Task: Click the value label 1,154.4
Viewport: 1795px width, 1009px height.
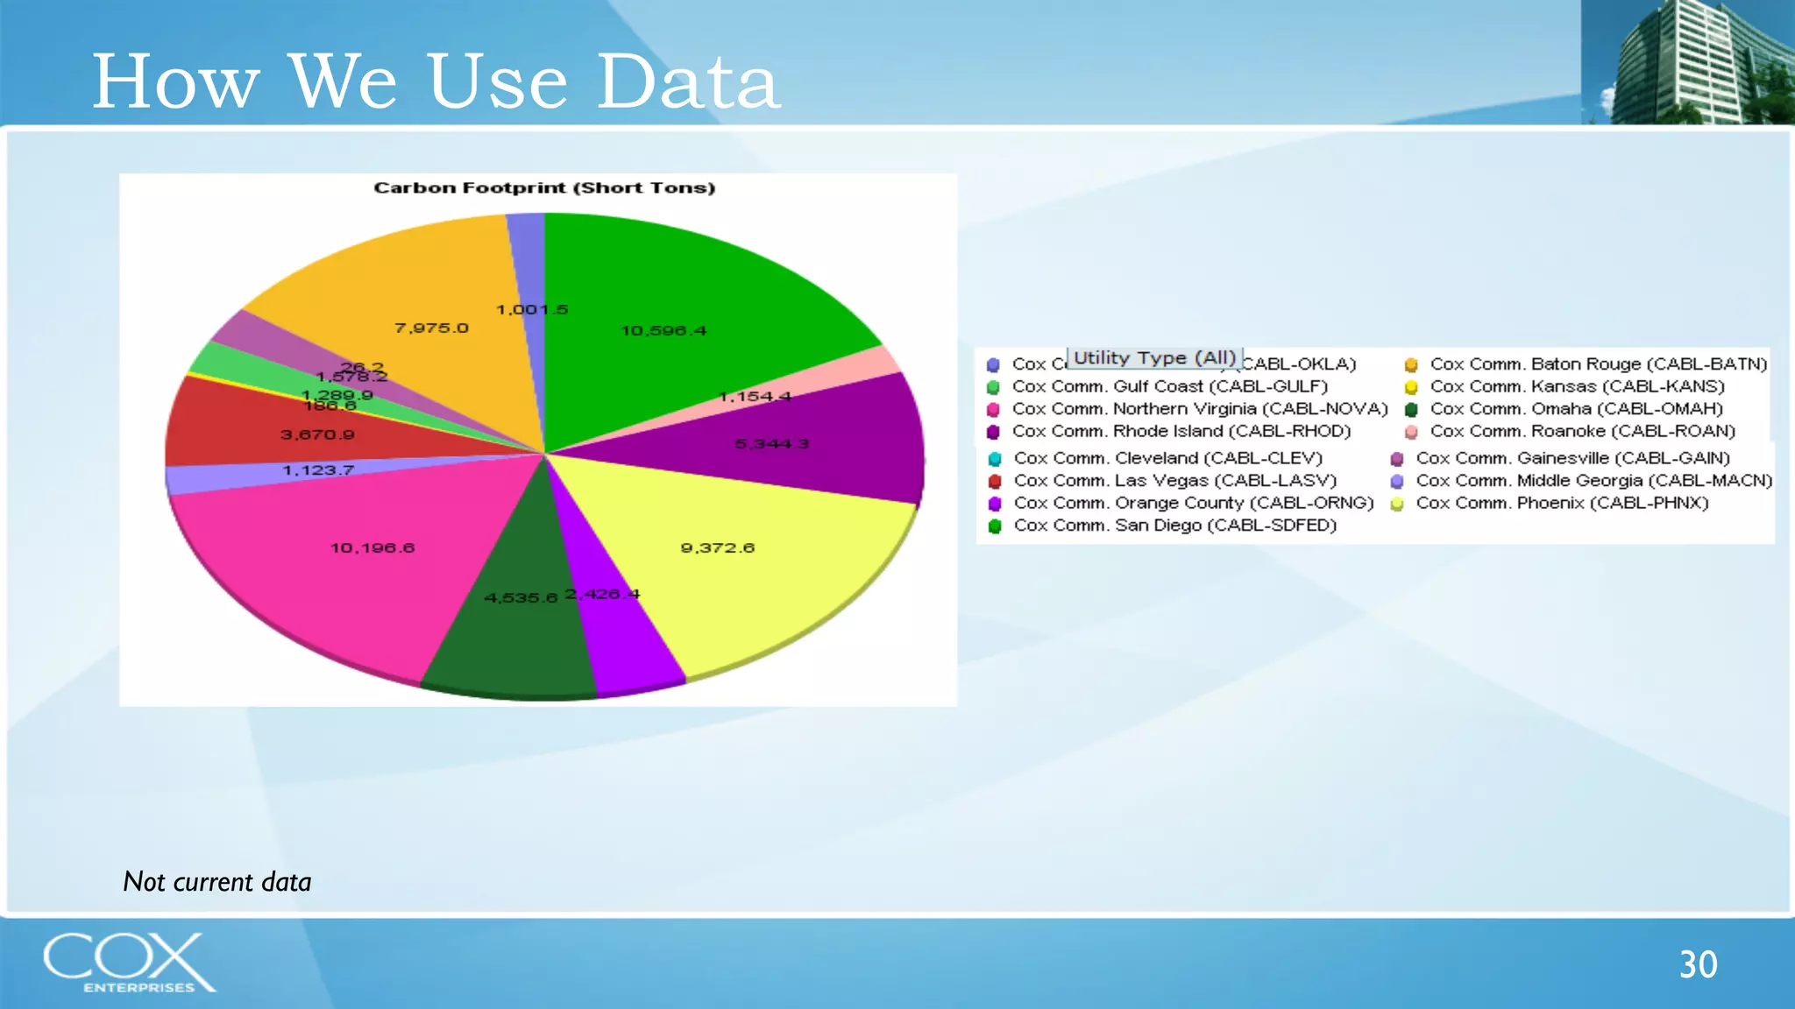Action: [755, 397]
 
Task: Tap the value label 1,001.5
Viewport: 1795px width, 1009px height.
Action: [532, 310]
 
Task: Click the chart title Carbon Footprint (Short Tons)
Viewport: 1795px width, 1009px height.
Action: [544, 187]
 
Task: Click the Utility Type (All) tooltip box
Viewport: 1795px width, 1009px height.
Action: [1154, 357]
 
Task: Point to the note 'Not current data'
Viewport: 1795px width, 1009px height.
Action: [217, 881]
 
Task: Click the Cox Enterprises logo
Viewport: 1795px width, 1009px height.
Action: [128, 963]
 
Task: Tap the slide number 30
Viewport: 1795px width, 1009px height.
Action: [1698, 964]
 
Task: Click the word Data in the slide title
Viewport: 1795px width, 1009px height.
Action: [688, 81]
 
